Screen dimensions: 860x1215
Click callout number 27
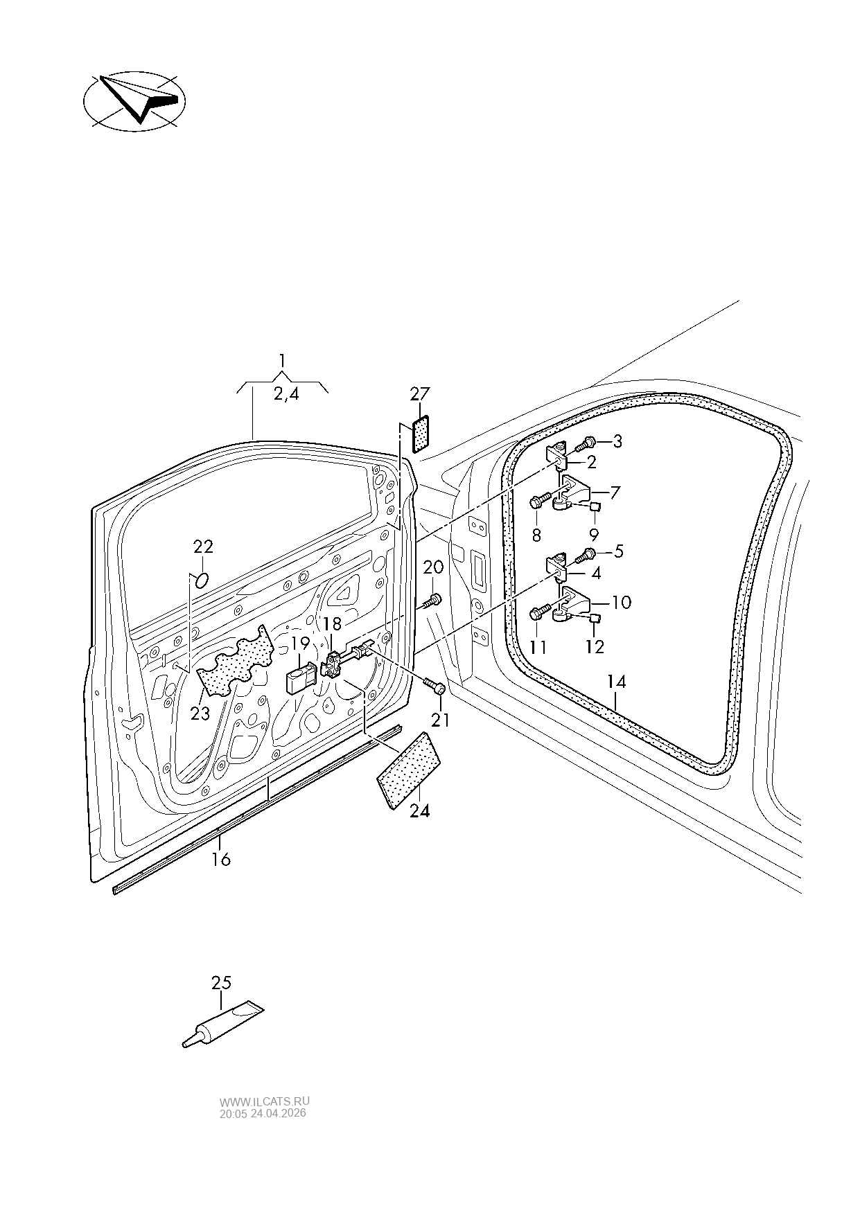tap(419, 394)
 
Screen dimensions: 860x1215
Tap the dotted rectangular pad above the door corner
tap(421, 434)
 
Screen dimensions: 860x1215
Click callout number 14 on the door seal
tap(616, 682)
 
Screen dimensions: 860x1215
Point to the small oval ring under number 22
tap(201, 580)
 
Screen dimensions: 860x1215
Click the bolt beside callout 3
tap(586, 443)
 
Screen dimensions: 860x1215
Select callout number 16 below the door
tap(221, 860)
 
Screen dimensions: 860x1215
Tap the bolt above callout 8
tap(541, 500)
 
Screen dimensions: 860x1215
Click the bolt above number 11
tap(541, 612)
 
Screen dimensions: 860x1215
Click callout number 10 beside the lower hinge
tap(621, 603)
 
